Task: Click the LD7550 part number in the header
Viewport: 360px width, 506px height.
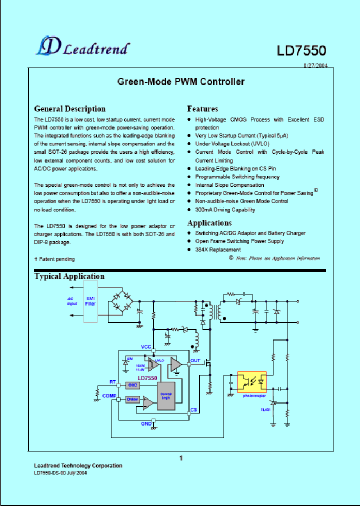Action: pos(301,50)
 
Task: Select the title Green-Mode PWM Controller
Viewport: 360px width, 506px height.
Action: pos(180,81)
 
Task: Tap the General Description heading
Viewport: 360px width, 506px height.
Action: pos(69,108)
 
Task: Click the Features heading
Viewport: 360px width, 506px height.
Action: pos(202,108)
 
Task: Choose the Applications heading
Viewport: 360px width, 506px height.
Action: pos(209,223)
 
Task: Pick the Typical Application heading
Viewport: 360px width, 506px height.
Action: pos(69,276)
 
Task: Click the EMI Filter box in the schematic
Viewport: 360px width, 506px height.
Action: pos(90,301)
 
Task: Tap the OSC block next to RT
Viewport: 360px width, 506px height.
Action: pos(132,384)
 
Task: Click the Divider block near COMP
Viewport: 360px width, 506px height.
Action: pos(132,399)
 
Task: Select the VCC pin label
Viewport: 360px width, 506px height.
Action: pos(145,347)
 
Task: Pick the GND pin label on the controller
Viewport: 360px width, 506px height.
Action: pos(146,423)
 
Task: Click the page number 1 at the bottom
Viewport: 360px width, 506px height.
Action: pos(181,457)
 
